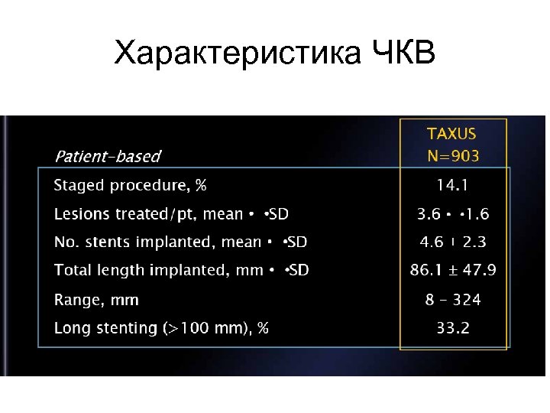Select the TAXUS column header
tap(451, 134)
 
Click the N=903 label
tap(453, 157)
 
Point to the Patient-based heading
tap(107, 157)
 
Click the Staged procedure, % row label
tap(130, 186)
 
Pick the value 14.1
tap(453, 185)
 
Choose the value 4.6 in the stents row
tap(432, 242)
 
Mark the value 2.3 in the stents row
tap(474, 242)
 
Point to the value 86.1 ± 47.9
tap(453, 271)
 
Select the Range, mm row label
tap(96, 300)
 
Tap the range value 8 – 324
tap(453, 300)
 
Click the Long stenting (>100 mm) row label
tap(161, 328)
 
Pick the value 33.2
tap(453, 328)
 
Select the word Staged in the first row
tap(79, 186)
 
